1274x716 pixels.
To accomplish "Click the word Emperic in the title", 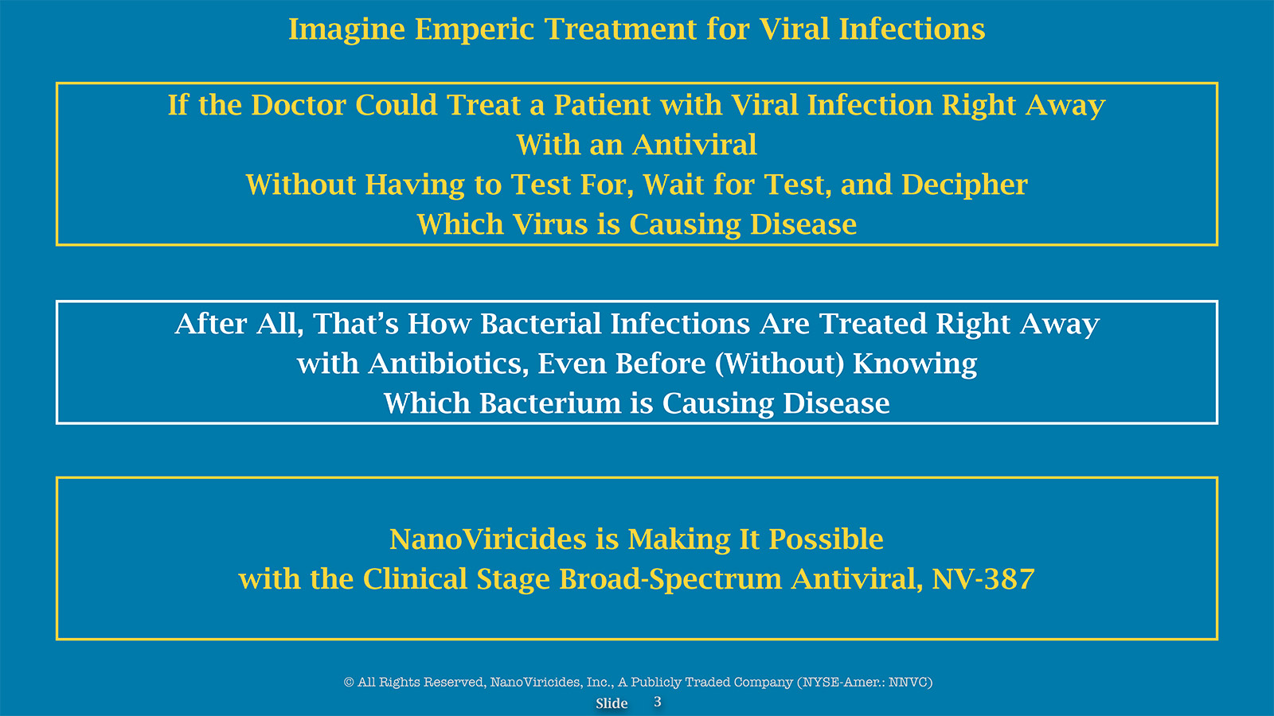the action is (x=475, y=29).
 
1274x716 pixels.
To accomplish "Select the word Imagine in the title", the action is (x=346, y=29).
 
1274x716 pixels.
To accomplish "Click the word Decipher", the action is (x=964, y=186).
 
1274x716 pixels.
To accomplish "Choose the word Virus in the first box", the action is (x=550, y=224).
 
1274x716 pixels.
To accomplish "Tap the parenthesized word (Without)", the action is (x=780, y=364).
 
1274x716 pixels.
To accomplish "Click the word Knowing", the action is (x=915, y=365).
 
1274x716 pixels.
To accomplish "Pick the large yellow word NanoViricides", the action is (x=487, y=539).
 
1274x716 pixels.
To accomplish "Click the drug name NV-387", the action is (x=983, y=579).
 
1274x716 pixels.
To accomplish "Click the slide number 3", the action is (x=658, y=702).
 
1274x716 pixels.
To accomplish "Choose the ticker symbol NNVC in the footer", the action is (x=909, y=682).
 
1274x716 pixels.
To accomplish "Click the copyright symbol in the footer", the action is (x=349, y=682).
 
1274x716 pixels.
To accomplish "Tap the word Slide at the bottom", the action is (x=612, y=703).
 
